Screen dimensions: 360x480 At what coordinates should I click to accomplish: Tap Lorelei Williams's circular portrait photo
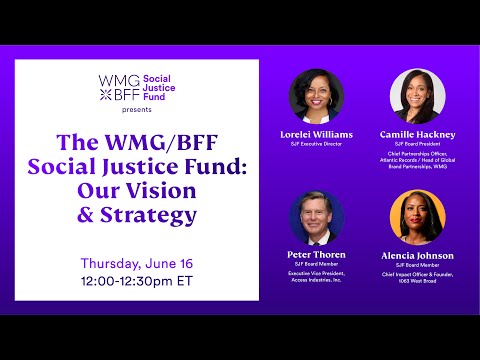(316, 96)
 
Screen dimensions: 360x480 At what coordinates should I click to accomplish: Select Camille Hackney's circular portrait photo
(417, 96)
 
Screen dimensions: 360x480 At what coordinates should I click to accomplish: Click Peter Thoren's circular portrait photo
(316, 217)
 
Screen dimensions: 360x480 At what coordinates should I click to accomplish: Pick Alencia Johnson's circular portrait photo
(417, 217)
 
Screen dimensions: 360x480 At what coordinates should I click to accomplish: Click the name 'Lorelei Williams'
(317, 133)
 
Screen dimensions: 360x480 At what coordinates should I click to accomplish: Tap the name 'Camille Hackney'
(417, 133)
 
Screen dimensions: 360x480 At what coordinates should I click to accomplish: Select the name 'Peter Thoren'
(316, 255)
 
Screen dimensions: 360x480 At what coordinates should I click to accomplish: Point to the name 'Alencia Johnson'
(417, 255)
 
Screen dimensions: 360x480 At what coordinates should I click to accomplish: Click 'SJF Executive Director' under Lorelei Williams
(317, 144)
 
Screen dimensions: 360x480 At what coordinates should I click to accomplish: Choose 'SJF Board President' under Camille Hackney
(417, 144)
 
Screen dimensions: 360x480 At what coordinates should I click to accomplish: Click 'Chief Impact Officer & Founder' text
(417, 275)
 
